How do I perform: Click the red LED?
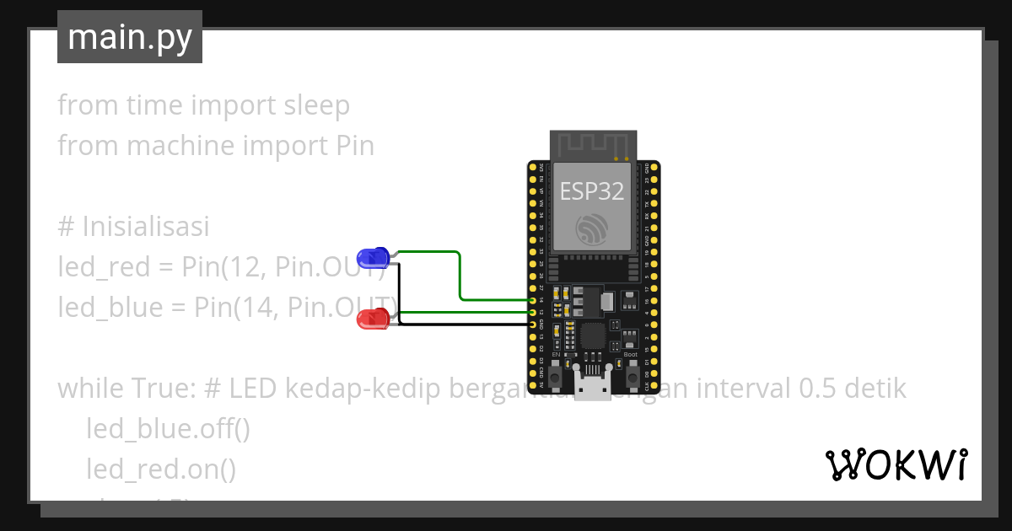pos(372,319)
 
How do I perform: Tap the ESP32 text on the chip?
pos(592,191)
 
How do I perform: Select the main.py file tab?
pos(130,37)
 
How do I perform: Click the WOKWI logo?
pos(896,464)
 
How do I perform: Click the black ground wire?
pos(464,324)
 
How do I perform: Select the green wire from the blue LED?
pos(460,274)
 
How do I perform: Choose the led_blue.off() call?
pos(168,429)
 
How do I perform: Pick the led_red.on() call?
pos(160,469)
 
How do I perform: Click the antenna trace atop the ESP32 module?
pos(592,145)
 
